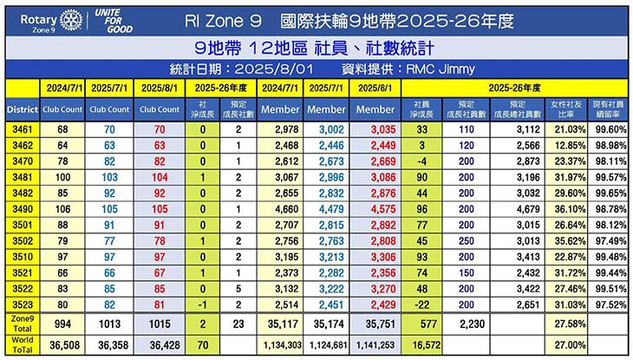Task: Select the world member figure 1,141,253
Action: (x=375, y=344)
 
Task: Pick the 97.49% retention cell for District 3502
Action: (x=606, y=239)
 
